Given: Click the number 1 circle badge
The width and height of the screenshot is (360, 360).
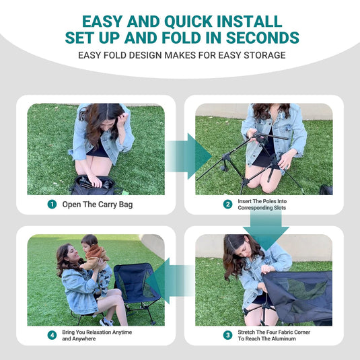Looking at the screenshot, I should point(52,204).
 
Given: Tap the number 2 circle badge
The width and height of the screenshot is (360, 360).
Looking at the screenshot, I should point(228,204).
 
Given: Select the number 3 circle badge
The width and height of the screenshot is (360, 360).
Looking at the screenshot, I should point(228,335).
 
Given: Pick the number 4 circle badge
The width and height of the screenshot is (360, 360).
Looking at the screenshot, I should point(52,335).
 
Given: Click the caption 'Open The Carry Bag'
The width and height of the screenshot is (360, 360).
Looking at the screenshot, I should point(98,204).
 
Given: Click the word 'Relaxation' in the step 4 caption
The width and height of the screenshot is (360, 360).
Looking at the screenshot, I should point(105,332).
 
